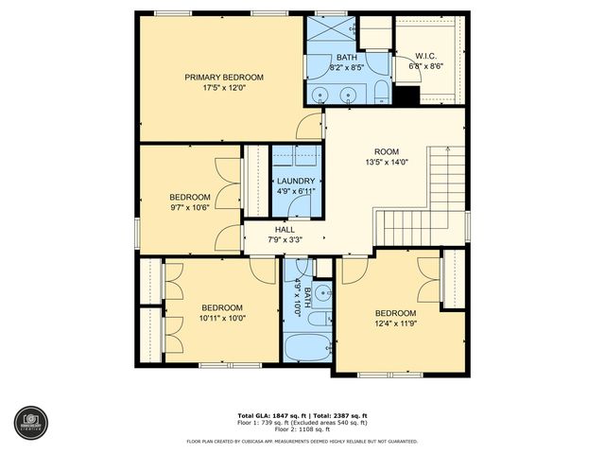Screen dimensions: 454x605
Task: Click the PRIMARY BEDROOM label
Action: (x=223, y=77)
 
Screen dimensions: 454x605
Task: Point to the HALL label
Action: (x=285, y=229)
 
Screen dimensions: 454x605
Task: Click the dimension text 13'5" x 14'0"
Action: (x=387, y=163)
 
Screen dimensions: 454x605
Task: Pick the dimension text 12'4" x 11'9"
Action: (x=395, y=325)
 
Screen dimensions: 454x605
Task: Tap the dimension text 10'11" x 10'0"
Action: (x=222, y=319)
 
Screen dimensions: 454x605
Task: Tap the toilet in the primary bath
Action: (x=380, y=91)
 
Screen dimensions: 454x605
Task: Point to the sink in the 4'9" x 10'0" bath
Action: (x=321, y=293)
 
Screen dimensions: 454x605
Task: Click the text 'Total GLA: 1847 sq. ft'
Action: (x=268, y=416)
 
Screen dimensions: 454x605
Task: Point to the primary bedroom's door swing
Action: (x=309, y=127)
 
